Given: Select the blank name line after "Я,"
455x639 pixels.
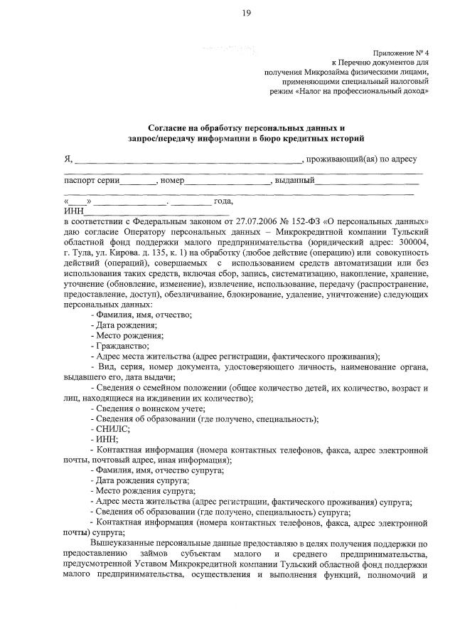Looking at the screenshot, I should (188, 159).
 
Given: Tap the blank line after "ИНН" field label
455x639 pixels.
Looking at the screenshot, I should (156, 211).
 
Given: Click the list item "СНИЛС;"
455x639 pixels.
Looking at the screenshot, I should (111, 429).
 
